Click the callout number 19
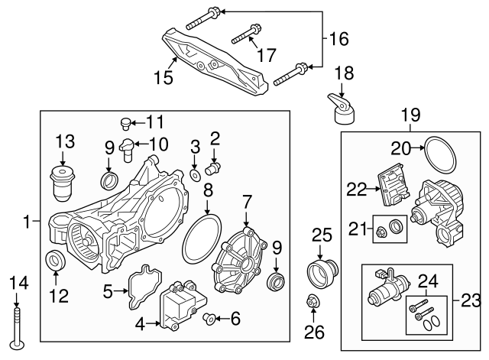tap(410, 115)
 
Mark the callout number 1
tap(28, 222)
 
